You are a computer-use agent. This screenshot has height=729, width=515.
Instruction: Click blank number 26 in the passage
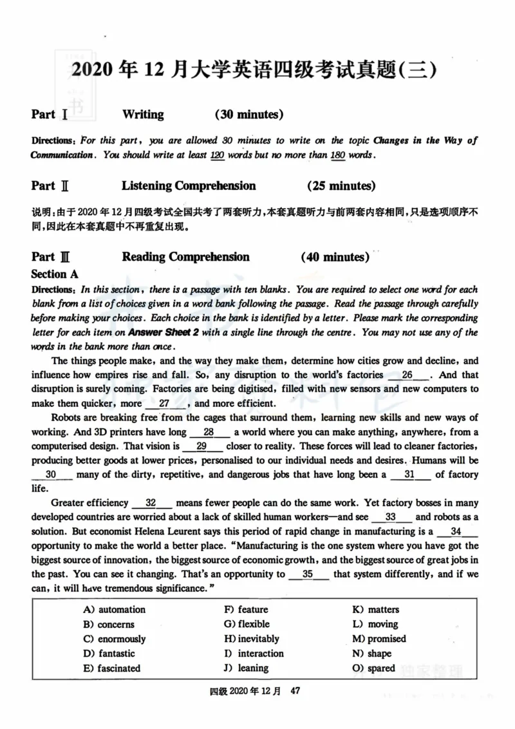pos(407,375)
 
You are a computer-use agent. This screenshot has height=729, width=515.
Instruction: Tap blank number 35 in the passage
pos(308,574)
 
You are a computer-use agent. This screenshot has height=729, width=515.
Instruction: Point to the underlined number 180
pos(338,156)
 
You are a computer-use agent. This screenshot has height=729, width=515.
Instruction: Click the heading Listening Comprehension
pos(189,186)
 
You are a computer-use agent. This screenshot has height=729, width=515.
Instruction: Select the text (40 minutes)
pos(335,257)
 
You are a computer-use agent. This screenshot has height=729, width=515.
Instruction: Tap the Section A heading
pos(55,274)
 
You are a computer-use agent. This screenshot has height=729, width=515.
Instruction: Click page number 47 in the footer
pos(295,692)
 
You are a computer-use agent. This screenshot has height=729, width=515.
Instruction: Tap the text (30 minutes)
pos(249,115)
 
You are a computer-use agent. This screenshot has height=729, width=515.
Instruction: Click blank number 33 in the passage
pos(390,517)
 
